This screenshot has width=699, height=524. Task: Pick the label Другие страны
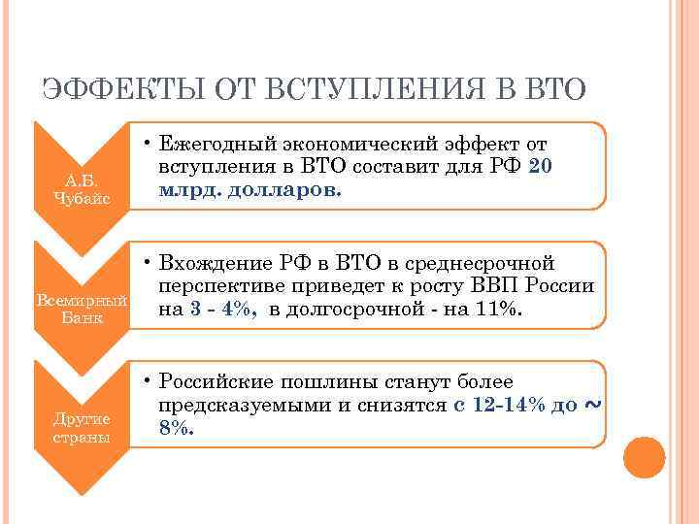[81, 428]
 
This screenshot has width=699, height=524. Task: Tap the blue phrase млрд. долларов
[250, 189]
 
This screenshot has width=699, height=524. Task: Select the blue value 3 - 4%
[224, 310]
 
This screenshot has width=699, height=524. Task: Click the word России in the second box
[561, 287]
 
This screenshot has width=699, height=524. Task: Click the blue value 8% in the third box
[176, 428]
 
